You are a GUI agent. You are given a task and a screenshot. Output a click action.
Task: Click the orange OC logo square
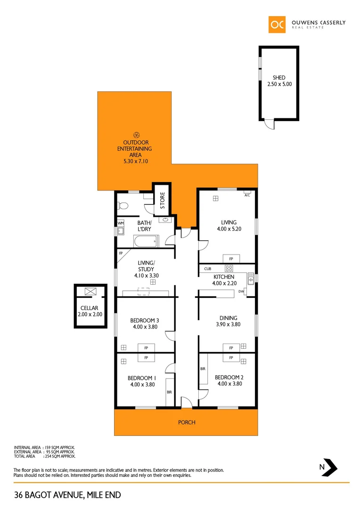click(x=277, y=25)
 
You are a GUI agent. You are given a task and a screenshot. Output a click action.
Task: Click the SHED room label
click(x=279, y=78)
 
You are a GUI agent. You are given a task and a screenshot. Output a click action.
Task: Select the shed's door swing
click(x=268, y=124)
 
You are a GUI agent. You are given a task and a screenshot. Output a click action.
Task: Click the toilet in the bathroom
click(x=123, y=205)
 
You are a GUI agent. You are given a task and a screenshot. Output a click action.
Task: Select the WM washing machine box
click(x=120, y=223)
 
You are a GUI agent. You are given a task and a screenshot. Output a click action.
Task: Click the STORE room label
click(x=162, y=201)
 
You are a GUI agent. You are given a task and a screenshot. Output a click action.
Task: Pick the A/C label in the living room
click(x=247, y=194)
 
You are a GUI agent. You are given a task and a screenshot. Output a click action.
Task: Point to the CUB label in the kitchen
click(x=207, y=269)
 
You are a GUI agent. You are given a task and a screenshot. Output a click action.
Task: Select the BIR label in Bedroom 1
click(x=168, y=392)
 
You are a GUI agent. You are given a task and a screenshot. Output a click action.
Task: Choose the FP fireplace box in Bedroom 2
click(x=231, y=358)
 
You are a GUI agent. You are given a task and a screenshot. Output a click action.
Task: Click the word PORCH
click(x=187, y=422)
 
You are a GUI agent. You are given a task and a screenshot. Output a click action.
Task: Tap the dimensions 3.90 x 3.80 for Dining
click(x=228, y=324)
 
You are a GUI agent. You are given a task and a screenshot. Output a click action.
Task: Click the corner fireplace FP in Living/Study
click(x=121, y=254)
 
